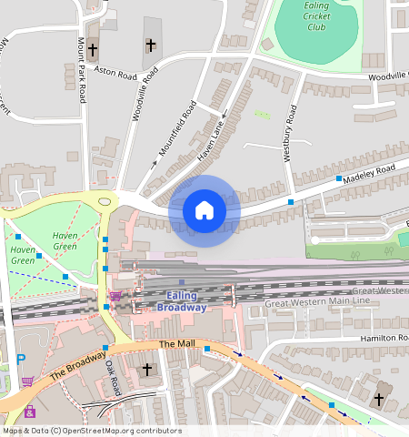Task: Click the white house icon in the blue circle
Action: click(x=204, y=210)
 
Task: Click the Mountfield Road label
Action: click(x=178, y=133)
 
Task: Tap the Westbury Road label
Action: click(x=290, y=134)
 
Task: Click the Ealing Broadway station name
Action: click(x=181, y=300)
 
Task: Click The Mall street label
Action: click(x=177, y=344)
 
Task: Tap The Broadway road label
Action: click(x=76, y=363)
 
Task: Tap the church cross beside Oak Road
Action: click(x=147, y=370)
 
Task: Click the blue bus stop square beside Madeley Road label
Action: click(x=338, y=178)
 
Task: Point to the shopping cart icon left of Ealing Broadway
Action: click(x=115, y=296)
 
